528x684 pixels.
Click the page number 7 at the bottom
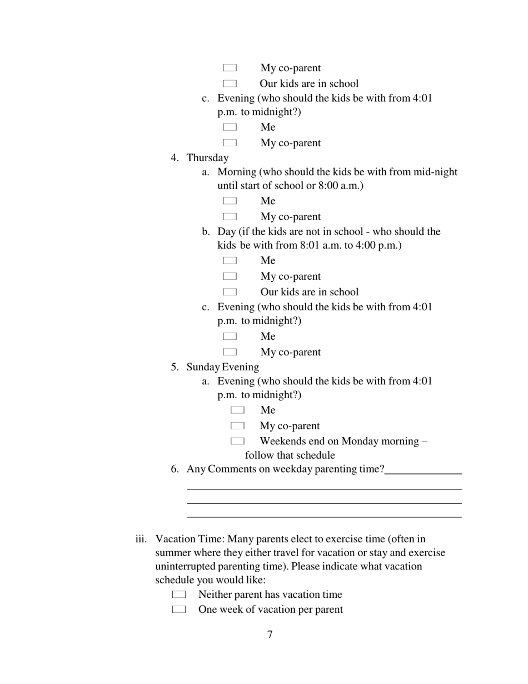tap(270, 635)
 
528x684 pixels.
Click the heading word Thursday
tap(207, 158)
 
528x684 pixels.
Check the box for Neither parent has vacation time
tap(178, 595)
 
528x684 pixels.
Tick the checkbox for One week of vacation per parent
tap(178, 609)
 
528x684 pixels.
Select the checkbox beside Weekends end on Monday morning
tap(237, 442)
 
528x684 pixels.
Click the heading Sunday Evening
tap(222, 367)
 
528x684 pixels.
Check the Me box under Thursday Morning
tap(230, 201)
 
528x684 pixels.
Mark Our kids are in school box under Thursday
tap(230, 292)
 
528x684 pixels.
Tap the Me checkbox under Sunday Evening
tap(237, 410)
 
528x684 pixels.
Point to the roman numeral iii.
tap(141, 539)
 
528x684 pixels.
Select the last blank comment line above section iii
tap(324, 516)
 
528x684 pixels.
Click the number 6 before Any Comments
tap(175, 469)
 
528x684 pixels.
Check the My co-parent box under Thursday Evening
tap(230, 352)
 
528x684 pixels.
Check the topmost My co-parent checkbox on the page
tap(230, 68)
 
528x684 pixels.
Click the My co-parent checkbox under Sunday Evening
tap(237, 426)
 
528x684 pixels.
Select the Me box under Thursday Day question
tap(230, 261)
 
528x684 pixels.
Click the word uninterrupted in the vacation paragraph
tap(186, 566)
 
